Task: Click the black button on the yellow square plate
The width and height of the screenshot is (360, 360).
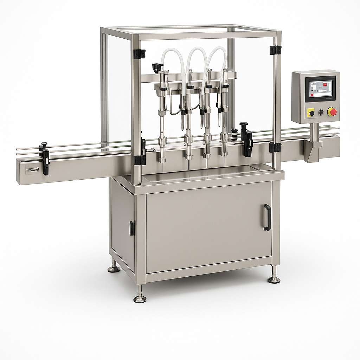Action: tap(311, 113)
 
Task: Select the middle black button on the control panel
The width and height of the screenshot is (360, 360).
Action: tap(321, 112)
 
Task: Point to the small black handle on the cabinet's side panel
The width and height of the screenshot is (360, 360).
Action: tap(131, 228)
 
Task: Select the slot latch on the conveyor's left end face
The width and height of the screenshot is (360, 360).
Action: tap(32, 170)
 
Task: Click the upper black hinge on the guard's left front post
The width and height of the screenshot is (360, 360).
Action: tap(140, 54)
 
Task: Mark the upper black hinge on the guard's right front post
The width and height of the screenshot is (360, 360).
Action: tap(276, 50)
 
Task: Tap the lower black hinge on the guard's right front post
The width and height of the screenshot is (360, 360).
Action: tap(275, 147)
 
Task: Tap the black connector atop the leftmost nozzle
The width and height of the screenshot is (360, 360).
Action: tap(157, 66)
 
